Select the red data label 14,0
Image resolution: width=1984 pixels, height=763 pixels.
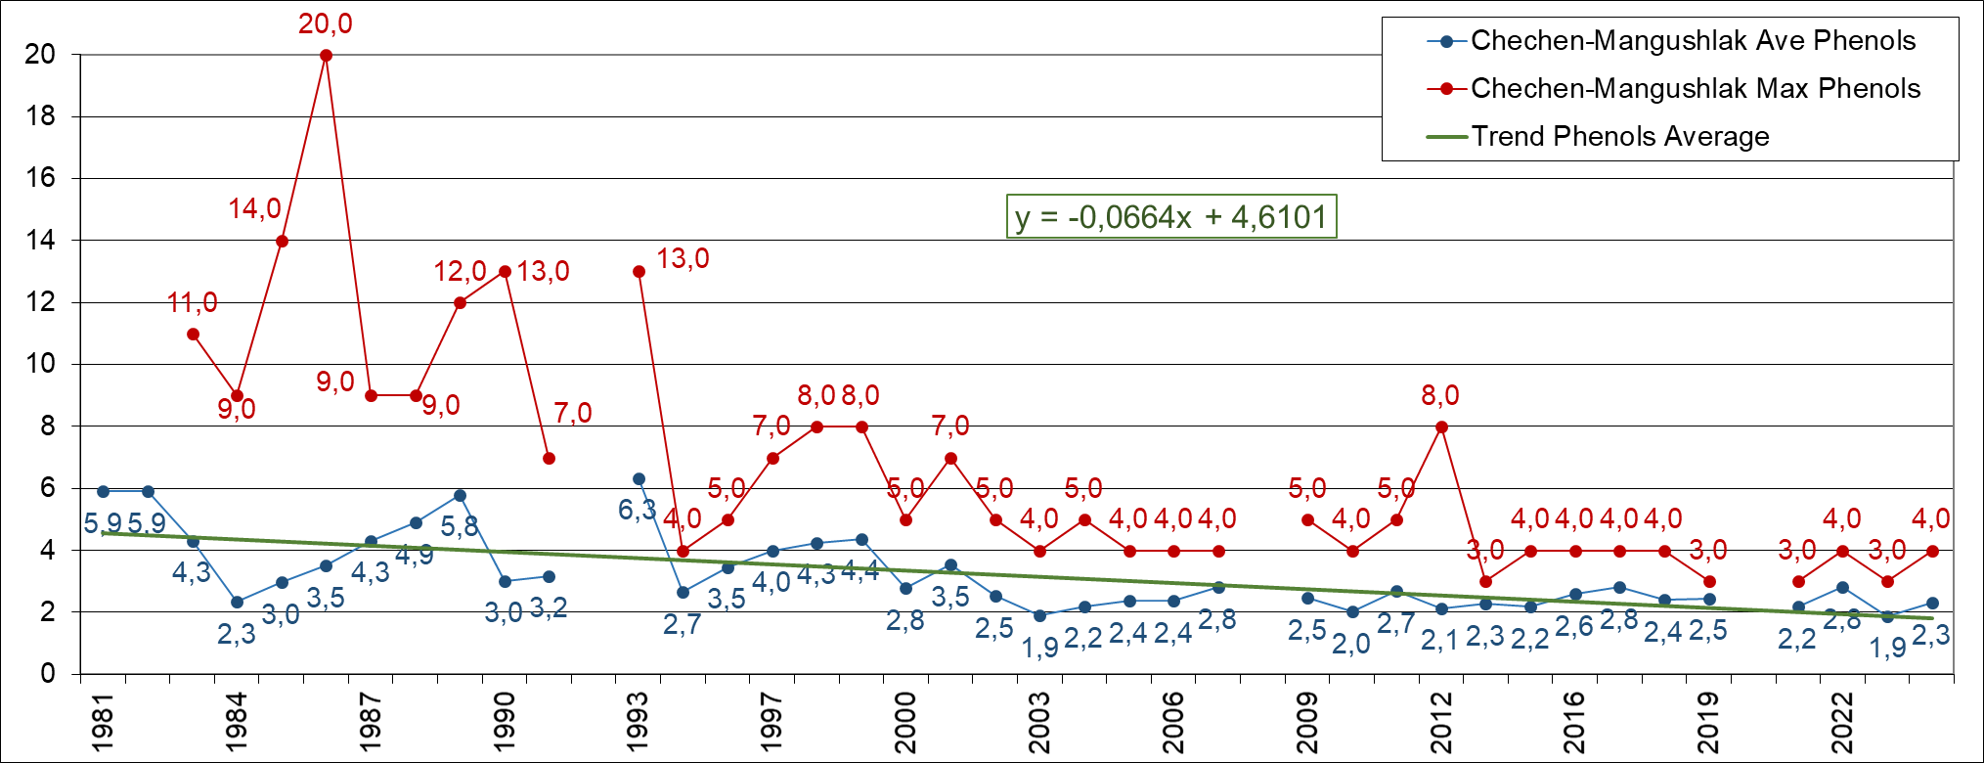(x=254, y=208)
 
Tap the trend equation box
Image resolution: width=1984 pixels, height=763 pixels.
(x=1170, y=216)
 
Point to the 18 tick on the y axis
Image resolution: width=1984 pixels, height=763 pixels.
(x=40, y=116)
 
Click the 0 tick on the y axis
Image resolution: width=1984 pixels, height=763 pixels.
(x=48, y=674)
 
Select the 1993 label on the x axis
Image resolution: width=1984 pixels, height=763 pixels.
(x=638, y=723)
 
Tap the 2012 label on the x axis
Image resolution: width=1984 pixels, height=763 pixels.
(x=1441, y=723)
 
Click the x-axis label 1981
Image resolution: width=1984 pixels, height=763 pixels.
(x=103, y=723)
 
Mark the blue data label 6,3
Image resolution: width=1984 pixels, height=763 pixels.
(x=637, y=510)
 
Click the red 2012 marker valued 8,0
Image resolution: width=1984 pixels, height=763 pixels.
(x=1441, y=426)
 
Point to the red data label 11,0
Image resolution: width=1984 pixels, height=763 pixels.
(x=192, y=303)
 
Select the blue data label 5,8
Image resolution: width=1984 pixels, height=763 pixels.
(x=459, y=526)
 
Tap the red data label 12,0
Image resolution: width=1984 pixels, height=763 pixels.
(x=460, y=271)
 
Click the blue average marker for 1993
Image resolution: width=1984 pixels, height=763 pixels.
(x=639, y=479)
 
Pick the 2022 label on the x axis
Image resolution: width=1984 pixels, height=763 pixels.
(x=1842, y=723)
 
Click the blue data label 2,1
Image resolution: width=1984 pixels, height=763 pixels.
(x=1439, y=641)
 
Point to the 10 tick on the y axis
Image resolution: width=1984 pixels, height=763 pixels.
(x=40, y=364)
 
